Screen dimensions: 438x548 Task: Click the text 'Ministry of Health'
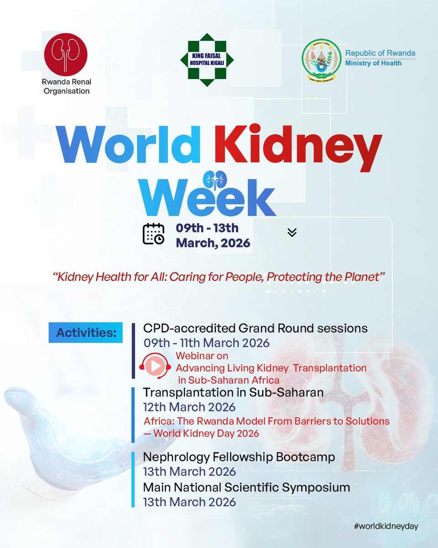click(373, 63)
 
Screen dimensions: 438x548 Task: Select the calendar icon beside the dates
click(154, 234)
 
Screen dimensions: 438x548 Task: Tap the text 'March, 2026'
click(213, 243)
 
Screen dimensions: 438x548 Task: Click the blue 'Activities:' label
click(86, 332)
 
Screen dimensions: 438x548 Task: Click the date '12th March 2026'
click(189, 407)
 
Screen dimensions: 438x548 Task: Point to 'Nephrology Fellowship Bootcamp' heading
click(239, 457)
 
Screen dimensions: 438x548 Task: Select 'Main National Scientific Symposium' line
click(246, 487)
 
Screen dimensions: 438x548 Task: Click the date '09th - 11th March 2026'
click(206, 342)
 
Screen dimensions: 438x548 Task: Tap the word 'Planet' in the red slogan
click(361, 277)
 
